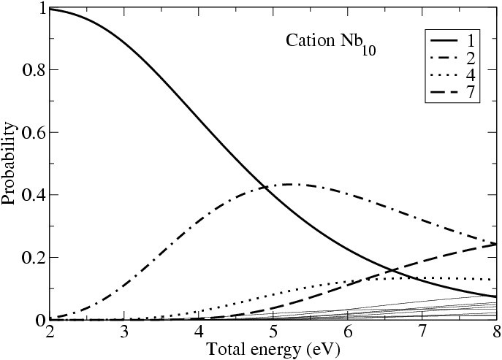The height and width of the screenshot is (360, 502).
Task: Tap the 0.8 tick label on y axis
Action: coord(28,70)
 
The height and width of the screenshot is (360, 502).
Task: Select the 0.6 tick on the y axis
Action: coord(28,133)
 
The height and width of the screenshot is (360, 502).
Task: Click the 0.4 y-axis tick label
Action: coord(28,195)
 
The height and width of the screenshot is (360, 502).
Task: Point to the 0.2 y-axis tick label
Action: coord(28,258)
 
